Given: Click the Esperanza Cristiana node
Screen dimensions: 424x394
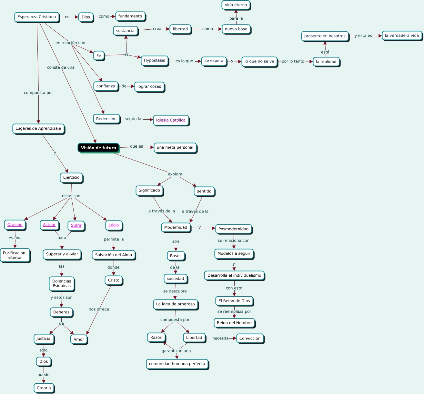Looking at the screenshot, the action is [37, 17].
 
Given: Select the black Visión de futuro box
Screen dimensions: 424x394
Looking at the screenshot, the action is [98, 148].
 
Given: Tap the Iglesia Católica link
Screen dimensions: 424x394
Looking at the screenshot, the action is [171, 120].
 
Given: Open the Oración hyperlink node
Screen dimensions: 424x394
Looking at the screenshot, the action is [15, 225].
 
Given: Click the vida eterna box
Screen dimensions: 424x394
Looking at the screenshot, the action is [236, 5].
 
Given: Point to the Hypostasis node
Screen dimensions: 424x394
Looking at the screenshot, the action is [155, 60].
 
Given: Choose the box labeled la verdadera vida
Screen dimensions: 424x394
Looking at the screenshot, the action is [402, 36].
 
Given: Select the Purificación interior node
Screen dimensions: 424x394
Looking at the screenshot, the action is [15, 255].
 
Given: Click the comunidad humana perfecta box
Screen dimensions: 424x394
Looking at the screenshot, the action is [177, 364].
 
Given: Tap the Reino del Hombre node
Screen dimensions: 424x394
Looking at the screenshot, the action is [234, 323].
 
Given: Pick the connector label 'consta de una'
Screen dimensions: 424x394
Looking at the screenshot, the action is [61, 67].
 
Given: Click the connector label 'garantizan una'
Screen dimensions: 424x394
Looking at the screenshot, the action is [176, 351].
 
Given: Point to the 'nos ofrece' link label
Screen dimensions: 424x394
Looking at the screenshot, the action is [99, 309].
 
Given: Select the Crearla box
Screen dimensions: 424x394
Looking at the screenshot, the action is [44, 388].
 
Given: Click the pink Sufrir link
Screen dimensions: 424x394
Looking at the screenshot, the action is [76, 226].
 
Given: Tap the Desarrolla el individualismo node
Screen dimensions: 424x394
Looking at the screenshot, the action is [234, 275].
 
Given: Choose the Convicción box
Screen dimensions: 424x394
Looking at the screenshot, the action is [250, 339].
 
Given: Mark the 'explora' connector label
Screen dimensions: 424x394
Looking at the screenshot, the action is [175, 174].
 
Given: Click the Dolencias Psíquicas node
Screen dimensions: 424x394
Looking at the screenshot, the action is [62, 283].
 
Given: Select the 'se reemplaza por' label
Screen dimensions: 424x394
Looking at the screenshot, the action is [234, 311].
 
